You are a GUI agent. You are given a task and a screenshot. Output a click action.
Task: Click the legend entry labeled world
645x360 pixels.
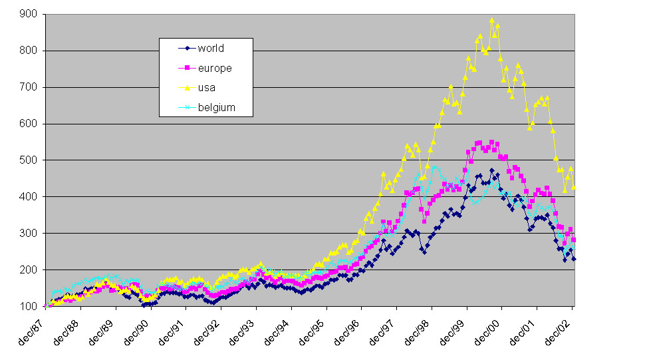pos(211,48)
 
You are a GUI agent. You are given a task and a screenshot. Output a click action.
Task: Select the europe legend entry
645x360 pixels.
pos(214,68)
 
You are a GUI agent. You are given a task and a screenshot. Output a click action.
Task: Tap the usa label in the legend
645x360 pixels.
pos(206,87)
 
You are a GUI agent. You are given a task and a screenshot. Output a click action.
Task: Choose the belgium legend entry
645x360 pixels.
pos(216,107)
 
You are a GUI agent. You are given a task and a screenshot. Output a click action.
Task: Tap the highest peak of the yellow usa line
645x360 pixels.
pos(492,21)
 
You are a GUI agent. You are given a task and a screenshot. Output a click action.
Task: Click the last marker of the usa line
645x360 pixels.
pos(574,188)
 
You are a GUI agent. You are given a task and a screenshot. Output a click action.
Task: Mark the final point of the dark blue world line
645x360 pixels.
pos(574,259)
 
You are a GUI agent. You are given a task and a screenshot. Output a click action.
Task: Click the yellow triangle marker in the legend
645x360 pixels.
pos(187,87)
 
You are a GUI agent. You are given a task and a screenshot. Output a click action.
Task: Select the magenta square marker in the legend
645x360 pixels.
pos(187,68)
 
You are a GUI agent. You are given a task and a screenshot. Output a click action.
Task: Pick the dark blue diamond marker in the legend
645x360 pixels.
pos(187,48)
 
